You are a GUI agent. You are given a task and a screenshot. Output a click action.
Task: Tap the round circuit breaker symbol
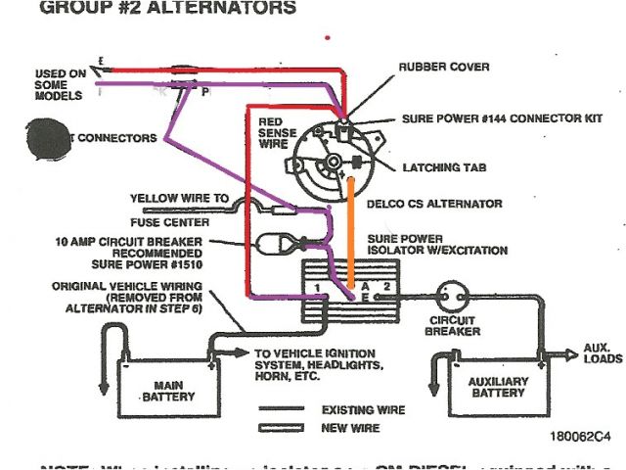(x=454, y=294)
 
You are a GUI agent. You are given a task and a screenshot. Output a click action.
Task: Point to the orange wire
(x=351, y=230)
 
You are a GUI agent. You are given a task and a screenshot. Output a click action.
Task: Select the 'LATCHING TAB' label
(x=445, y=167)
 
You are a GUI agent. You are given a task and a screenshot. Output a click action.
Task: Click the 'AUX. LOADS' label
(x=598, y=352)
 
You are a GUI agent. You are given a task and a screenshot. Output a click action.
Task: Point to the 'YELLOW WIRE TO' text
(x=179, y=198)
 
